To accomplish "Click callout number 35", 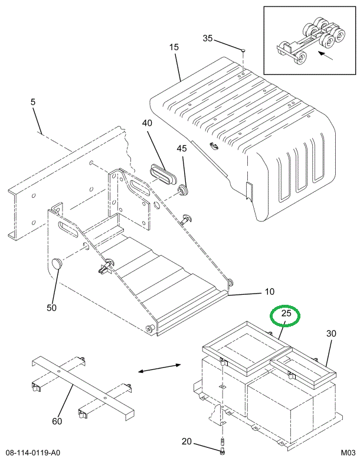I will [x=207, y=38].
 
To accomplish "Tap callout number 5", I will [x=33, y=102].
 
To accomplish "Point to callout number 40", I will [x=147, y=123].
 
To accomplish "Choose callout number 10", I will [x=269, y=292].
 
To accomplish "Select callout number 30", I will [x=331, y=334].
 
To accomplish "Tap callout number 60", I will [x=57, y=421].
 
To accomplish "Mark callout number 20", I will [x=186, y=441].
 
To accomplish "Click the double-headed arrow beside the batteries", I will [x=159, y=369].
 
